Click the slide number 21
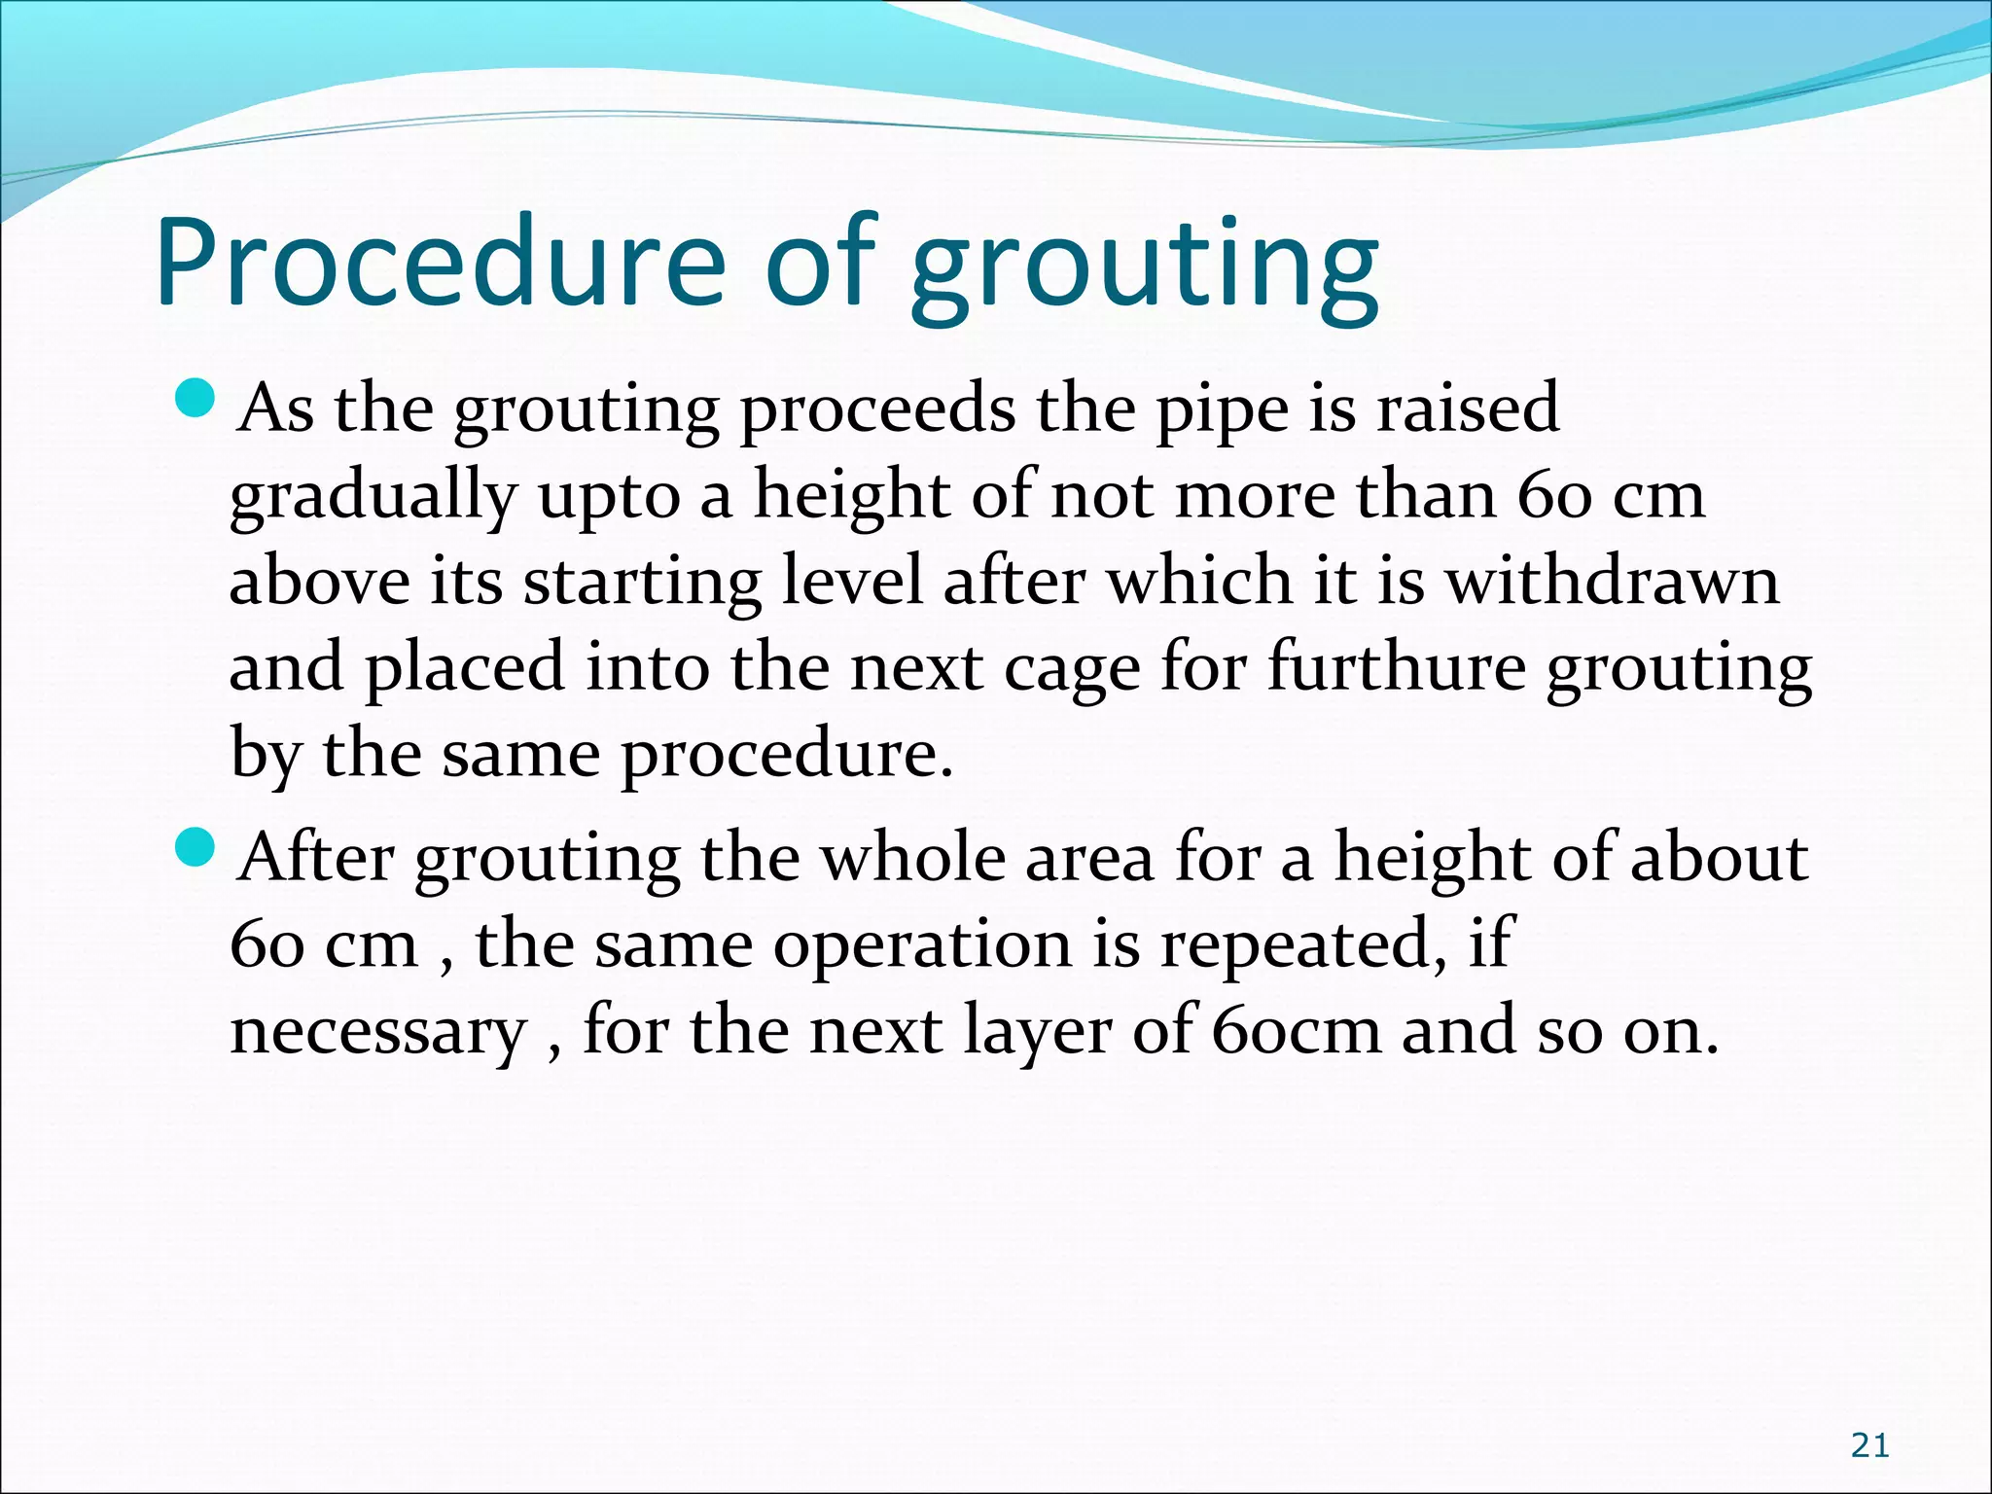[1869, 1446]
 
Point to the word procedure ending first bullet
[786, 756]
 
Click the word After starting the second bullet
[316, 858]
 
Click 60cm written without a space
[1296, 1031]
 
